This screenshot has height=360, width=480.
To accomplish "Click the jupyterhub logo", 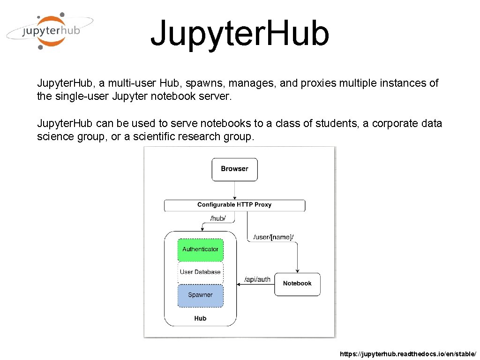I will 49,31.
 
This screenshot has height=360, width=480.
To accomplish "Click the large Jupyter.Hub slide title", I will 240,34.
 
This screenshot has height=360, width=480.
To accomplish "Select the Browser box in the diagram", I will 234,169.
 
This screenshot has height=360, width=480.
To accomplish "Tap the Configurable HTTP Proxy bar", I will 234,205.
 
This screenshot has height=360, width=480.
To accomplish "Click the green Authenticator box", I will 201,249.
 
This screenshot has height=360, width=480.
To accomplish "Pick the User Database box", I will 200,272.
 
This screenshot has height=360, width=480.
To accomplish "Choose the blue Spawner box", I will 200,295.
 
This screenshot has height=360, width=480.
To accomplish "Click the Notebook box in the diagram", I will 297,284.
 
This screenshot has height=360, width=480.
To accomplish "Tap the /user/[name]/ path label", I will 273,237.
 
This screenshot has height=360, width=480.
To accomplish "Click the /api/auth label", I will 257,279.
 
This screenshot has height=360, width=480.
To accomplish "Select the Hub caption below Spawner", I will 200,318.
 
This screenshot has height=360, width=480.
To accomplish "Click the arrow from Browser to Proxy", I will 234,190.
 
